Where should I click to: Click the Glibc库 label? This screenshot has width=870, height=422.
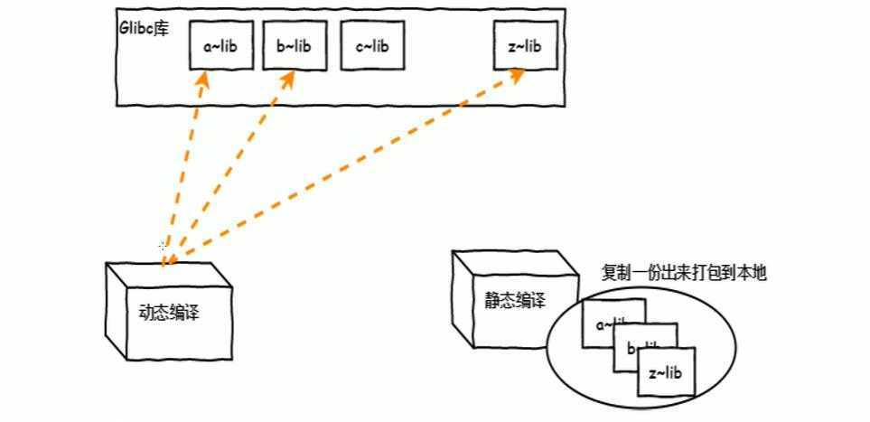[x=138, y=26]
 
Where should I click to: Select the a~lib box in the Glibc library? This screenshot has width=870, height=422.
[x=220, y=45]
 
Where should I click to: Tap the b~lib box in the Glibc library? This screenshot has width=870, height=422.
[x=293, y=45]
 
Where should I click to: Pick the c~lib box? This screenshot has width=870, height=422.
[x=371, y=45]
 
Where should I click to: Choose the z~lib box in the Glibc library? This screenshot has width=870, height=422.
[x=525, y=45]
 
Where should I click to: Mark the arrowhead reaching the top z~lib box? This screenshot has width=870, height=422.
[x=515, y=74]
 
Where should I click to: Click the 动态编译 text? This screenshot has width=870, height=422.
[x=169, y=313]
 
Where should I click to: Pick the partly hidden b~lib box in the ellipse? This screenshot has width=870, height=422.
[x=631, y=346]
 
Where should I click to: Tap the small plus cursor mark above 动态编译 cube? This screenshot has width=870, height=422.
[x=162, y=245]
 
